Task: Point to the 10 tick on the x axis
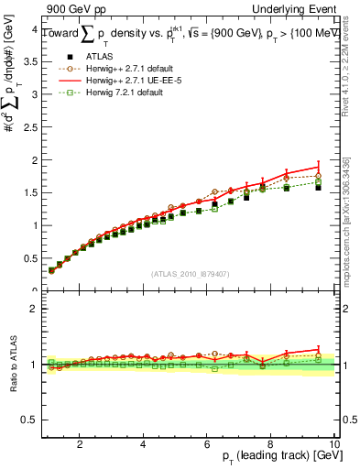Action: click(x=333, y=444)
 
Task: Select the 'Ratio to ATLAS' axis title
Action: click(x=11, y=366)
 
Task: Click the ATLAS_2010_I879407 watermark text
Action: click(x=191, y=273)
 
